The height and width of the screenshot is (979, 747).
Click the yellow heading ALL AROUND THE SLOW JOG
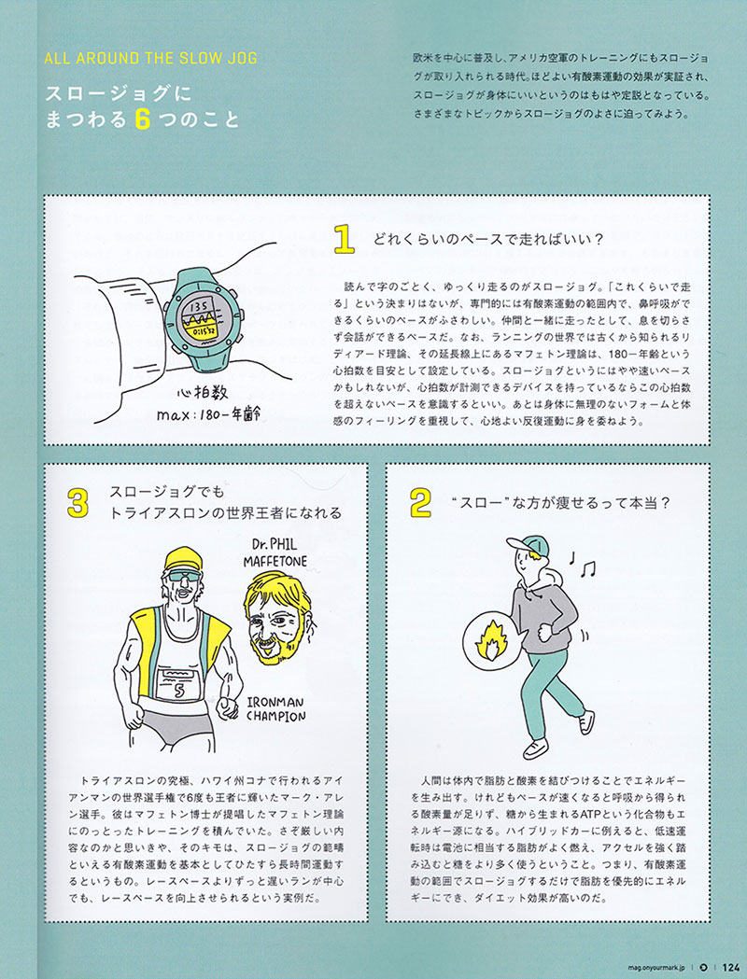coord(150,59)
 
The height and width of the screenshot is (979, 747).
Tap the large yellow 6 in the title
coord(143,119)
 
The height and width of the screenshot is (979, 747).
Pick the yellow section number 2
coord(420,503)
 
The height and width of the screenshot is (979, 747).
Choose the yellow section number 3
coord(78,503)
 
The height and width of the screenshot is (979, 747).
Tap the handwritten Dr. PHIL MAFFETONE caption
coord(275,552)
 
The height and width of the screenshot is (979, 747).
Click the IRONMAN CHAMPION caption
coord(275,708)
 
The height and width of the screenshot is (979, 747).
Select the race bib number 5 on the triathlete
coord(179,690)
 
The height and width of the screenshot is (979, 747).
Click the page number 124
coord(731,967)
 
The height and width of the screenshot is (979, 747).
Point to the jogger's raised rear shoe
coord(586,722)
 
